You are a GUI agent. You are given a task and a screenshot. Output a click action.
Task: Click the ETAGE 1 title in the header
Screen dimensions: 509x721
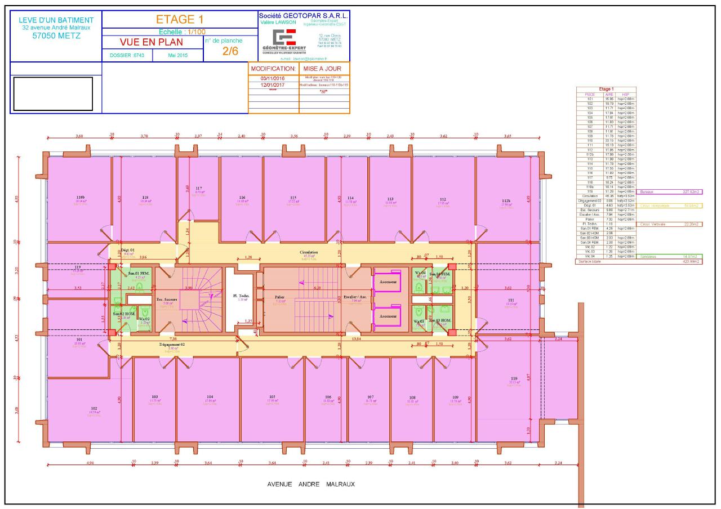(180, 19)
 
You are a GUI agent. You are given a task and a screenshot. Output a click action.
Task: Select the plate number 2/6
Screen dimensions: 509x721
(230, 51)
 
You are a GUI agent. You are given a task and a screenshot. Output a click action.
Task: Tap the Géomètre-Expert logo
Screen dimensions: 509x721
(284, 41)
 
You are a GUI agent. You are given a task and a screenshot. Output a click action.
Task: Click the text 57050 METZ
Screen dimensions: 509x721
(56, 35)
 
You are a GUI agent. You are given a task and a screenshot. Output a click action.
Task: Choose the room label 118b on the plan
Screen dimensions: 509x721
(81, 198)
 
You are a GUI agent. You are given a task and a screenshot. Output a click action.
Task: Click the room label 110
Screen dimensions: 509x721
(513, 378)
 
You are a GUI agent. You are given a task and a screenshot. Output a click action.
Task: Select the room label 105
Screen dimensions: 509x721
(272, 397)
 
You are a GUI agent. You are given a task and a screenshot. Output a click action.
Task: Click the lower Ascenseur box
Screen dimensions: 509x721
(387, 316)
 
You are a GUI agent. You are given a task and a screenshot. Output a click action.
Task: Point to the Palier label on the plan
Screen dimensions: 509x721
(279, 296)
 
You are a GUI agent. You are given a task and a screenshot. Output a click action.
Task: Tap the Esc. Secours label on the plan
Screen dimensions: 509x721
(167, 300)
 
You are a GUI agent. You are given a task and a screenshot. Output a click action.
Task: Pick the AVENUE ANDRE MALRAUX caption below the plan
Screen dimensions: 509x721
(311, 484)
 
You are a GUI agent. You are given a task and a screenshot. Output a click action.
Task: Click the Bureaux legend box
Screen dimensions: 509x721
(670, 192)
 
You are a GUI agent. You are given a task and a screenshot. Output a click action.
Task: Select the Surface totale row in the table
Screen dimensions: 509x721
(606, 261)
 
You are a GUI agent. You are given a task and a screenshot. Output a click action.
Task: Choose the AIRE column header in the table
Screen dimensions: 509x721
(609, 94)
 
